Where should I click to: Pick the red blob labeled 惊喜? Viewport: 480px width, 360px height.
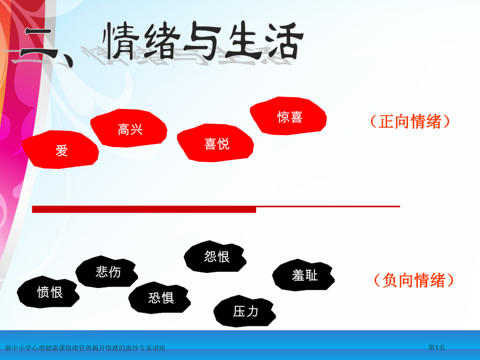[289, 116]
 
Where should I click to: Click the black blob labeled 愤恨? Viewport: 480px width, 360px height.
[49, 292]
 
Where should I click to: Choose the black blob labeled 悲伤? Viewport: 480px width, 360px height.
[107, 271]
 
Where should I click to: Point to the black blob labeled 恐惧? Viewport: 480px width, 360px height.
[160, 297]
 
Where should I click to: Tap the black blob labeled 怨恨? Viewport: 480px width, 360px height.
[216, 257]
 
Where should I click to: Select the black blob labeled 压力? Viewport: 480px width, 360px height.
[245, 311]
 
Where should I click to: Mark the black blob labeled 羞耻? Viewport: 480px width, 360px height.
[304, 275]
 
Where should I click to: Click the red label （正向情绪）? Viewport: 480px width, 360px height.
[410, 122]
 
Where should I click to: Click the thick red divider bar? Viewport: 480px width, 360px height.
[144, 209]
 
